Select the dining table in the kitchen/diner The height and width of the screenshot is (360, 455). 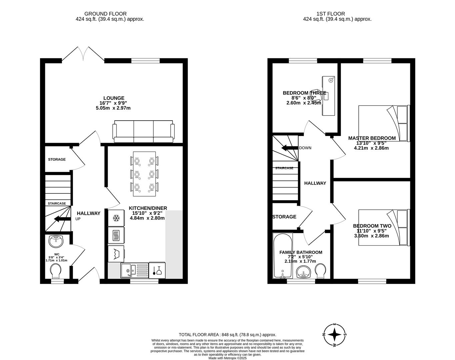point(144,174)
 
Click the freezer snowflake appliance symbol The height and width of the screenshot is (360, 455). point(116,218)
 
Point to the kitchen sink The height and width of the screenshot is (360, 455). point(127,270)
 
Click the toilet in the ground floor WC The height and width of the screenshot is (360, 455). point(56,271)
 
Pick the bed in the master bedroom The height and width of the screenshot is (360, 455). point(383,123)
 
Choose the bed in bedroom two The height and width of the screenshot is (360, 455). point(383,227)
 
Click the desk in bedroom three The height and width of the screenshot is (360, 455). point(328,96)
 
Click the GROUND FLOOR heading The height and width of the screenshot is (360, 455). point(105,14)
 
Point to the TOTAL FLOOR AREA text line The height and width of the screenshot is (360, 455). point(227,335)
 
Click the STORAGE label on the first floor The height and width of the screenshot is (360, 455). point(284,217)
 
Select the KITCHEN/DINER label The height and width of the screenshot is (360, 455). point(148,208)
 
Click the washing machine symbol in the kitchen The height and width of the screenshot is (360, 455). point(116,254)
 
